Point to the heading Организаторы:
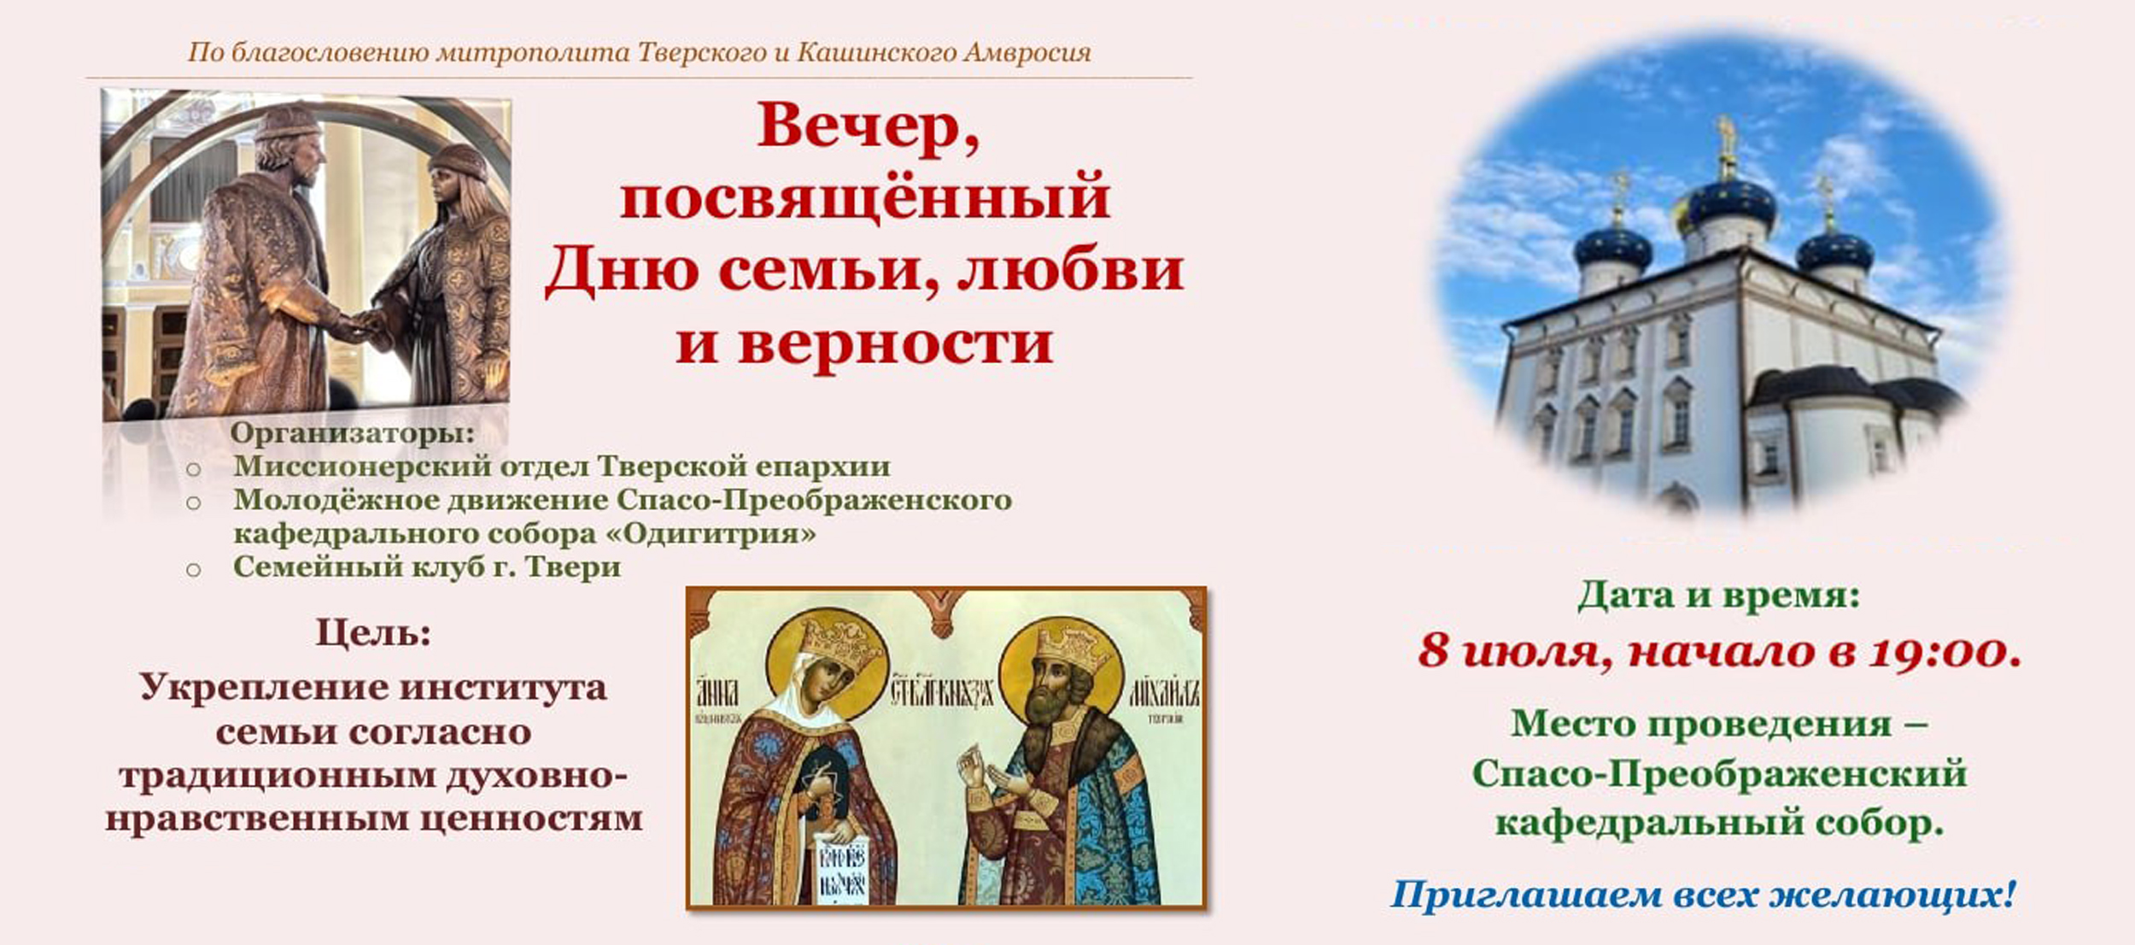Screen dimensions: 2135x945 click(352, 433)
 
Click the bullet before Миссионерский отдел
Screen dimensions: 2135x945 click(194, 469)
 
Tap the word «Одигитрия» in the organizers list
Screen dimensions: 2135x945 click(719, 533)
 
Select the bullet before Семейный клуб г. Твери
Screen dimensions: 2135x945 click(194, 570)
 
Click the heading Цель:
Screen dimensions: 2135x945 click(374, 633)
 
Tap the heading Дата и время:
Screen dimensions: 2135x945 click(1718, 596)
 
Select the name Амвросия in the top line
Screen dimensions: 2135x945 click(1027, 53)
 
